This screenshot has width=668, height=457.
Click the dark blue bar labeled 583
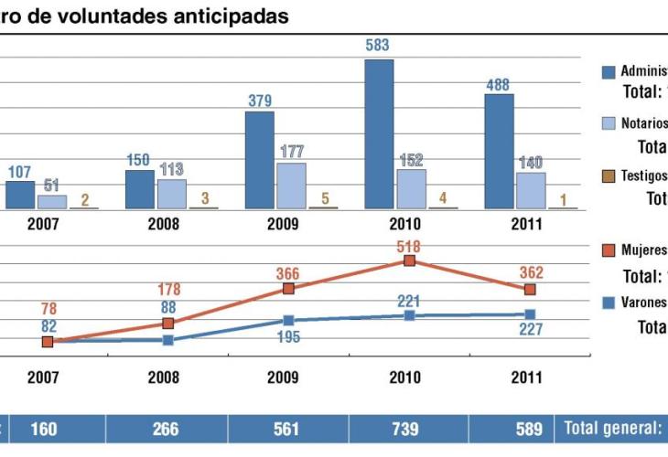(379, 134)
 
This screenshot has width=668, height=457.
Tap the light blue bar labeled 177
(291, 186)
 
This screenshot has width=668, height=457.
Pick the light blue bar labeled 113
(171, 194)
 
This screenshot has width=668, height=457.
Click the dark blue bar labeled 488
(499, 151)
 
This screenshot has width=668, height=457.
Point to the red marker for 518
(410, 260)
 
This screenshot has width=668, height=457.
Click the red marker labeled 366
(288, 289)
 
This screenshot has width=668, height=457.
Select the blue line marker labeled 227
(529, 314)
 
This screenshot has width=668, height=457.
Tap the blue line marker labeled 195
(288, 321)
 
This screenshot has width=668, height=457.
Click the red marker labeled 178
(168, 324)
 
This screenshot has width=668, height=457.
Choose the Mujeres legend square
(608, 249)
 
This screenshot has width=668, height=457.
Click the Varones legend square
(608, 302)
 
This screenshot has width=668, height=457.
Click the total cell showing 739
(410, 429)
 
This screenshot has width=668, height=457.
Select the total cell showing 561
(288, 429)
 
